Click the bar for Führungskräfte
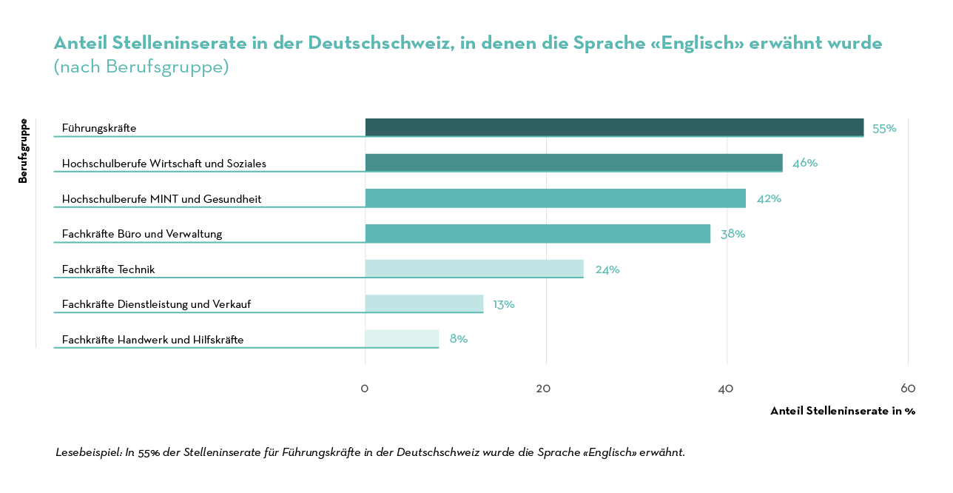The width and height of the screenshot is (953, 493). (614, 127)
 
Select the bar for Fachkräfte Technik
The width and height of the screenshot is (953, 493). (474, 269)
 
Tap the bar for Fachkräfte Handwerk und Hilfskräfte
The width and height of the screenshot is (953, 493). (402, 339)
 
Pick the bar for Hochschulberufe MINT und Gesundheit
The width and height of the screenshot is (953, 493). (555, 198)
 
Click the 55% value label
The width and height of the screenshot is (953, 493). (884, 128)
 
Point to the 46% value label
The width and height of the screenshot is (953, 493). (805, 163)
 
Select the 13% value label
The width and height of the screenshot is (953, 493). (504, 304)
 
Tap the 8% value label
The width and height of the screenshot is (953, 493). (459, 339)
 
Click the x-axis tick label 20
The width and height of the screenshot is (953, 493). (544, 389)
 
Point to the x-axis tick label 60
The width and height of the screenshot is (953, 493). (908, 389)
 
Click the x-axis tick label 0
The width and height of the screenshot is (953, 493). (365, 389)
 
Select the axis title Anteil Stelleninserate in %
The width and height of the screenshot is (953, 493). (843, 411)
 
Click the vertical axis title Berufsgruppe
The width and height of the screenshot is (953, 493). (23, 151)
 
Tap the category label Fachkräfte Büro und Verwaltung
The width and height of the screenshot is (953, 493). (142, 234)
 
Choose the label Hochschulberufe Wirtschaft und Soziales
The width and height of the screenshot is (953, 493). (164, 164)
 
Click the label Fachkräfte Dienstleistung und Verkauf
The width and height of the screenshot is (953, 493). (156, 304)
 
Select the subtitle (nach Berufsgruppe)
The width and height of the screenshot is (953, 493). (141, 67)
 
